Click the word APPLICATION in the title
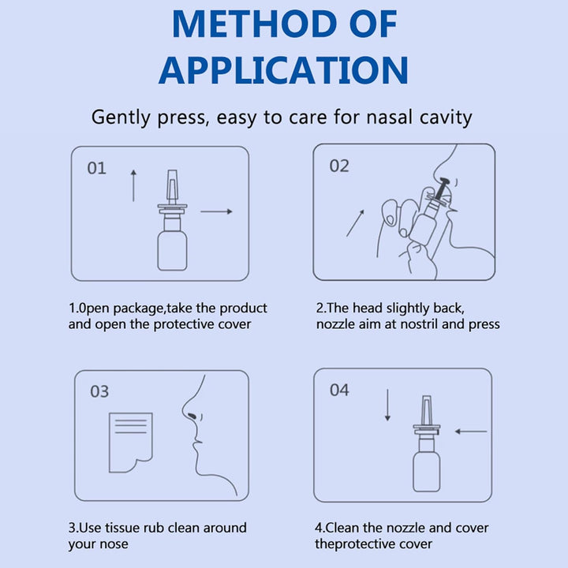[x=283, y=69]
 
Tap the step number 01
[x=96, y=169]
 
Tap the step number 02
[x=339, y=166]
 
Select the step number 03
[x=99, y=391]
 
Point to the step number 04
[x=339, y=390]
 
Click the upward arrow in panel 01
[x=133, y=185]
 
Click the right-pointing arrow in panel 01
[x=216, y=211]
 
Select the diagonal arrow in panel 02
[x=356, y=222]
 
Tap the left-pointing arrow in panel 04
[x=471, y=431]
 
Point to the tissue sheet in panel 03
[x=130, y=437]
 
